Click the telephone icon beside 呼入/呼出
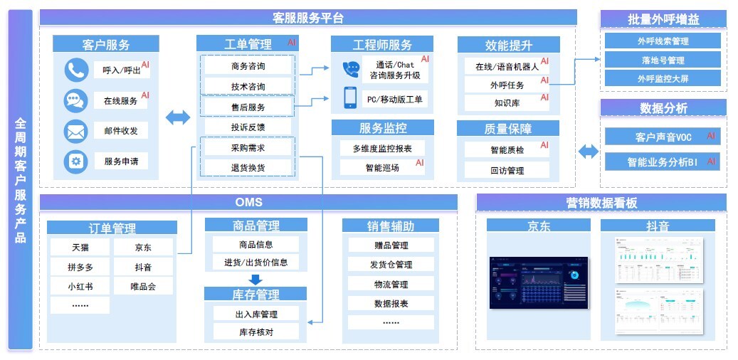(x=75, y=70)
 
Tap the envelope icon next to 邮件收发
(x=75, y=131)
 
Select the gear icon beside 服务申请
(x=75, y=162)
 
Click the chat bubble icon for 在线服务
(x=75, y=100)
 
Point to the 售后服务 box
(x=248, y=107)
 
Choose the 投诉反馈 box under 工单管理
(x=248, y=127)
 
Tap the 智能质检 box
(x=507, y=150)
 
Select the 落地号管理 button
(x=662, y=60)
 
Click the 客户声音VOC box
(x=662, y=137)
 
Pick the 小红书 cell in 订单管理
(x=80, y=287)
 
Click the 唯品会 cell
(x=142, y=287)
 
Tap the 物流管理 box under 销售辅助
(x=391, y=285)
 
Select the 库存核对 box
(x=256, y=332)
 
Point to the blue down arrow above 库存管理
(x=255, y=278)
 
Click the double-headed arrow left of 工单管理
(x=177, y=117)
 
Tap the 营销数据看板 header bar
(x=601, y=203)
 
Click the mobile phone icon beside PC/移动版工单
(x=350, y=98)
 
